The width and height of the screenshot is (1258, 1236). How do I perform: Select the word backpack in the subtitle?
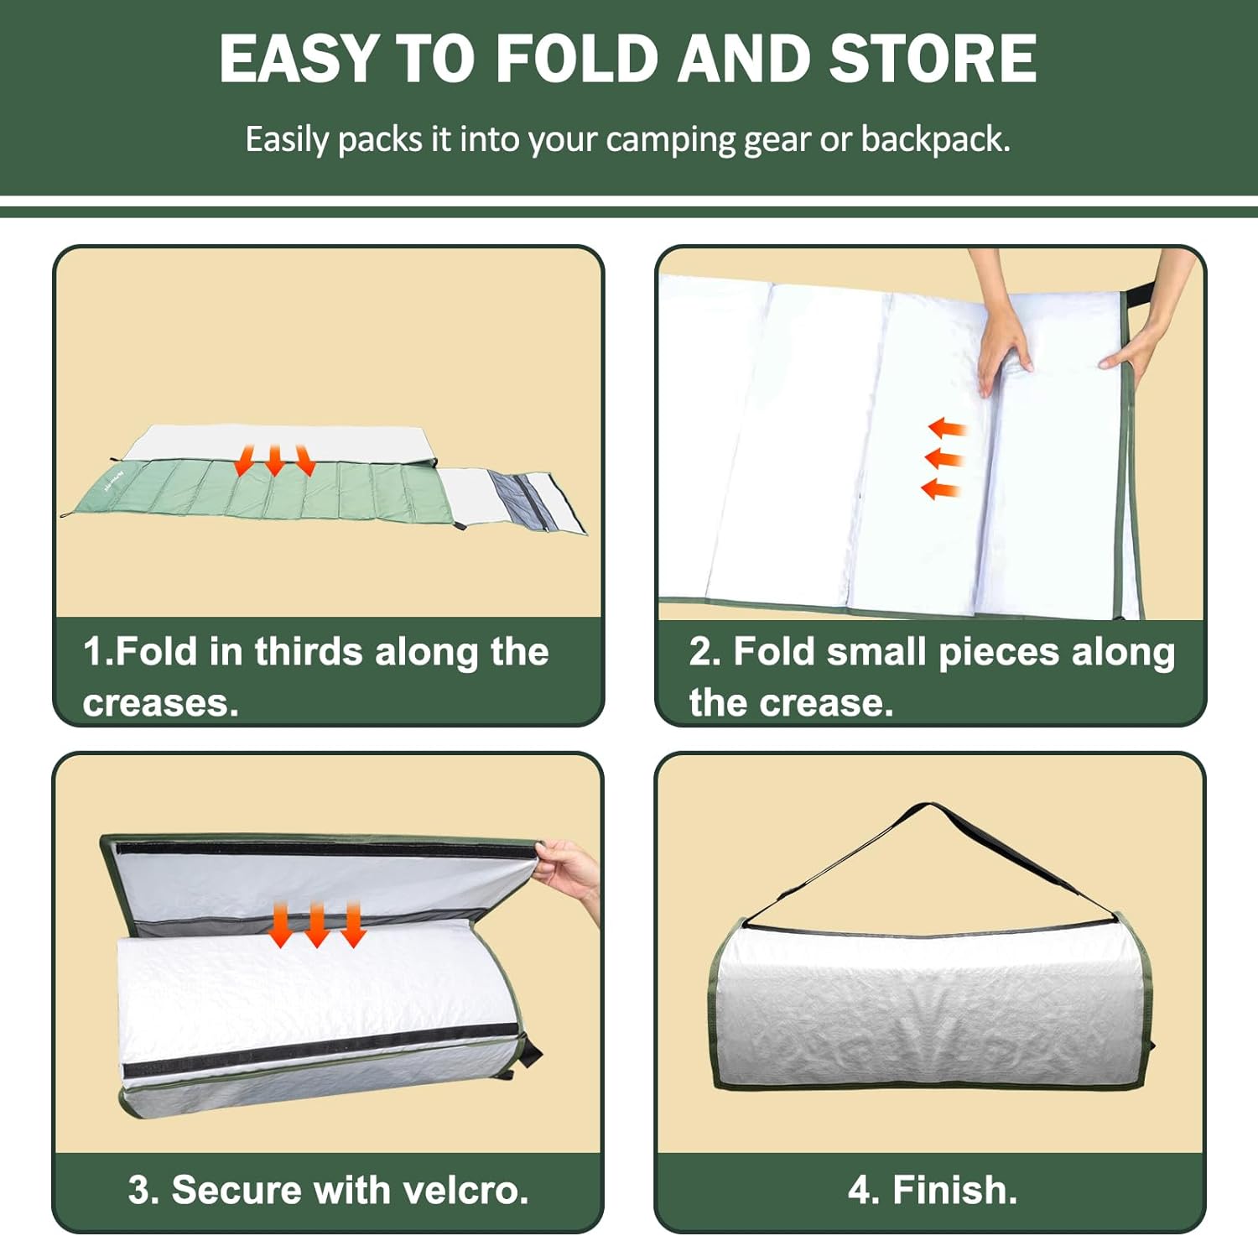pyautogui.click(x=935, y=139)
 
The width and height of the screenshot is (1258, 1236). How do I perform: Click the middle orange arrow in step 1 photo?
pyautogui.click(x=274, y=461)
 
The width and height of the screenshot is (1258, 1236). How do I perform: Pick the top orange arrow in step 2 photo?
pyautogui.click(x=948, y=429)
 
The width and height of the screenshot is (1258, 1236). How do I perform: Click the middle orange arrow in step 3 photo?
pyautogui.click(x=316, y=925)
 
